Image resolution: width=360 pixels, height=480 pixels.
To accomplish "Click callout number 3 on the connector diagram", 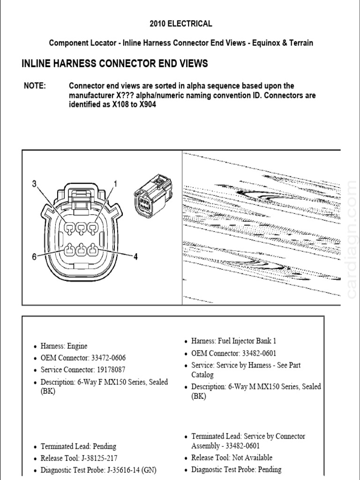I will (34, 184).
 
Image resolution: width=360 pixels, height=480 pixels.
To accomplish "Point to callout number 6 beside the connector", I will (34, 256).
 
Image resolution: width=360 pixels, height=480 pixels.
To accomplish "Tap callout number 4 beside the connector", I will (135, 257).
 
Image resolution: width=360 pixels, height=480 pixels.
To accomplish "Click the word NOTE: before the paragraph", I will (35, 86).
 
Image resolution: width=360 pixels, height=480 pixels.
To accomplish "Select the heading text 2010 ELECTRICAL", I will (181, 23).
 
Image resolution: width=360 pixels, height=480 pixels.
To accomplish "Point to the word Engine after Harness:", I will (77, 346).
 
